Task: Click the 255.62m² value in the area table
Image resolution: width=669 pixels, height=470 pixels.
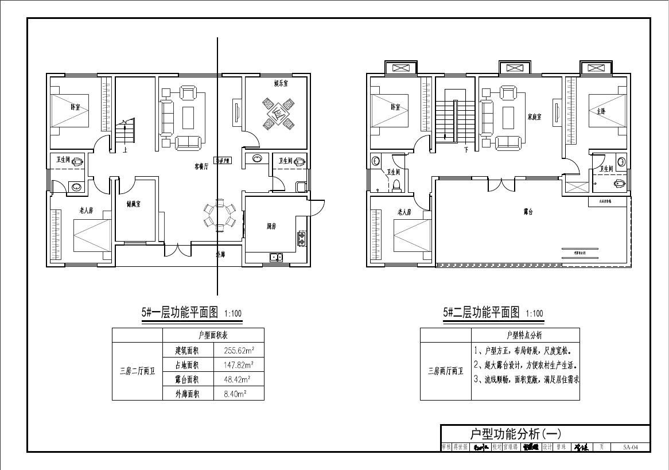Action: [239, 350]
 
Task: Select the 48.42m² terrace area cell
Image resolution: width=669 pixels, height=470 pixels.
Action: [239, 379]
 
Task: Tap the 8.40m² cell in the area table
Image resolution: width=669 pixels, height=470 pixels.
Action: [239, 394]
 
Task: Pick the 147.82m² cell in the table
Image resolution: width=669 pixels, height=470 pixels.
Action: [239, 364]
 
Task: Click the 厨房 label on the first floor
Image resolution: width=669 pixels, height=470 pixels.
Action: [271, 227]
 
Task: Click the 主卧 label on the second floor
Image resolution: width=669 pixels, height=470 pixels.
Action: [601, 112]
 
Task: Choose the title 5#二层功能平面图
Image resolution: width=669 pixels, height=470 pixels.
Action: [481, 313]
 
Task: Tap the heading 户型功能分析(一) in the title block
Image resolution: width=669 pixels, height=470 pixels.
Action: [515, 433]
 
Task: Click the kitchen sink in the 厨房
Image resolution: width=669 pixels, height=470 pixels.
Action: [276, 257]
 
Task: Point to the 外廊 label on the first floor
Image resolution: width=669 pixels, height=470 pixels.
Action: [220, 254]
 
